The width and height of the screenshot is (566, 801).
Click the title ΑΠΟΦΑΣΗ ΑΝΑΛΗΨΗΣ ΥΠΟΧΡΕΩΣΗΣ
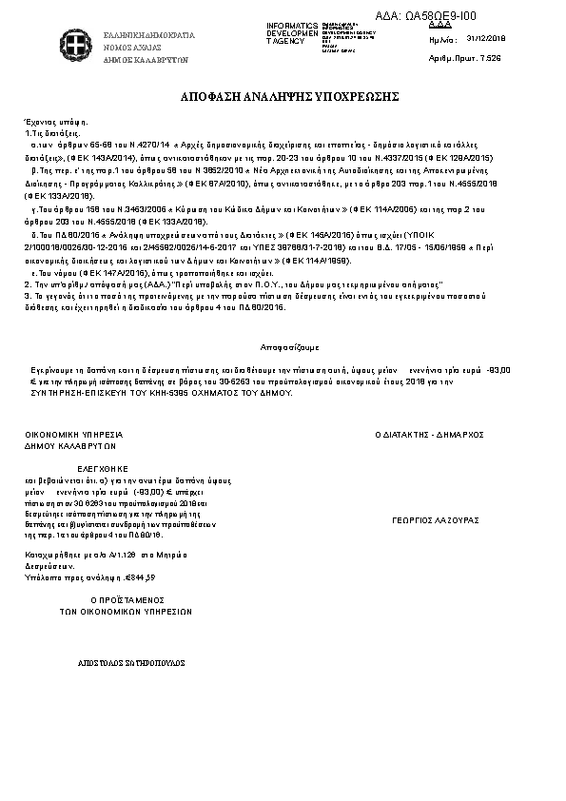[x=282, y=98]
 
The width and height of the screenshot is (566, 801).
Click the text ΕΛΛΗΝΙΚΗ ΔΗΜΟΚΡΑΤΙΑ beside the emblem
[x=149, y=35]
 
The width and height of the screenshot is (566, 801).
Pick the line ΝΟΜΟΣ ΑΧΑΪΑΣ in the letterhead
[x=132, y=47]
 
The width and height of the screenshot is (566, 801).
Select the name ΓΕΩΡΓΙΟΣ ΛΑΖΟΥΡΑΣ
[x=435, y=520]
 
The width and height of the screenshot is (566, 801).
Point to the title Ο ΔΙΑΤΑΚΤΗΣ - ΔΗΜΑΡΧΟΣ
[x=430, y=434]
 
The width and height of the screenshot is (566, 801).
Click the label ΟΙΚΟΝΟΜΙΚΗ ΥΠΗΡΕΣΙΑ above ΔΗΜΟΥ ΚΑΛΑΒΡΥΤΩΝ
[x=74, y=433]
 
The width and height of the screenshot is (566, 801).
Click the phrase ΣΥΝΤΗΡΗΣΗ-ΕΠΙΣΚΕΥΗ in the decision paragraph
[x=93, y=392]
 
